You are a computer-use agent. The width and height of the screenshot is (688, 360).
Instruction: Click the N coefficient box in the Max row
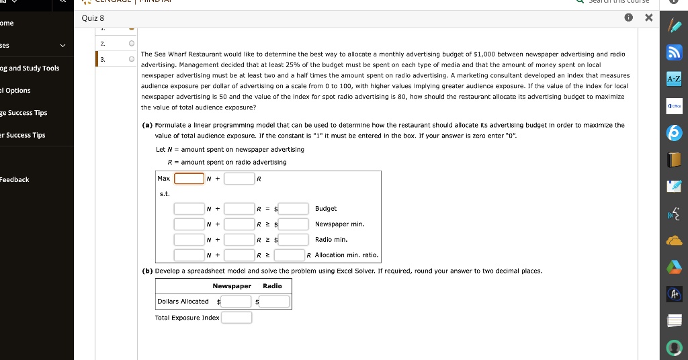coord(189,179)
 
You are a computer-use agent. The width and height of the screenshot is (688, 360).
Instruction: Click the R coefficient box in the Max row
coord(239,179)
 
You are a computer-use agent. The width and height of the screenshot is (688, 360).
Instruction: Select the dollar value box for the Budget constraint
coord(294,208)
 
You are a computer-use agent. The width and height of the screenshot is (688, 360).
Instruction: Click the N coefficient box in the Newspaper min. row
coord(189,224)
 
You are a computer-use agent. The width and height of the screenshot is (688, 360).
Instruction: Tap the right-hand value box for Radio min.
coord(294,239)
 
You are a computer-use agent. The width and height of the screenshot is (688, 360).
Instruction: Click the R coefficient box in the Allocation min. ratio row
coord(239,255)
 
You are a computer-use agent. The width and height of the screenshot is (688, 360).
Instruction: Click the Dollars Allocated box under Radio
coord(275,302)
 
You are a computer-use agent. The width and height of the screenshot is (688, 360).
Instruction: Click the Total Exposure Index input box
coord(236,318)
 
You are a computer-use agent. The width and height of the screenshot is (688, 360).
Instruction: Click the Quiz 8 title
coord(93,18)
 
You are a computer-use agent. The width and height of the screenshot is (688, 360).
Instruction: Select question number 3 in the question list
coord(103,59)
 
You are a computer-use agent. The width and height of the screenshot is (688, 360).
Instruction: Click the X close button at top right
coord(648,18)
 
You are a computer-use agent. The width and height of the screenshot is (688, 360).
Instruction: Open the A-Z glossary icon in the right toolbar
coord(674,80)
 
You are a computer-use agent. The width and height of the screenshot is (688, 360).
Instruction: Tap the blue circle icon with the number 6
coord(674,134)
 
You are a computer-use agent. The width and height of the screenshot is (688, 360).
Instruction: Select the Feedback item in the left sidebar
coord(15,179)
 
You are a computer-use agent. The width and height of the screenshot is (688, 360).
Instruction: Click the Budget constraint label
coord(325,209)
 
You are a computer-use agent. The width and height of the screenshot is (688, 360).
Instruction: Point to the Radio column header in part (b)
coord(272,286)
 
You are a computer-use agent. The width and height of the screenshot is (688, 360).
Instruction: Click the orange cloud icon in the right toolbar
coord(674,241)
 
